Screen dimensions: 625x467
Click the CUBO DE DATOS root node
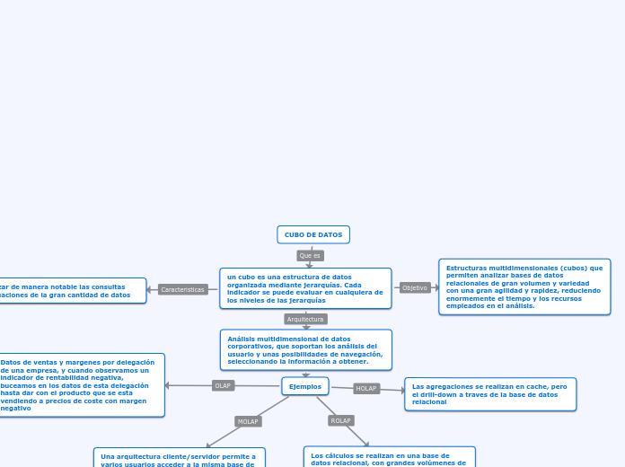point(313,234)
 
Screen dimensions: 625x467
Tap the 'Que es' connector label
point(310,256)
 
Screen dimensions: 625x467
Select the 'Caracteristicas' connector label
point(183,289)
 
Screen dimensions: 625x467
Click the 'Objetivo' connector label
point(415,288)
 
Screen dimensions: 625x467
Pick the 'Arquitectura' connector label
point(305,319)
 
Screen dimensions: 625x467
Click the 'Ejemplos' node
point(305,386)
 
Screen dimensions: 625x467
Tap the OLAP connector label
point(223,385)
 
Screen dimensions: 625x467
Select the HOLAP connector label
point(366,389)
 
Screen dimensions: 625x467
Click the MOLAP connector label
point(248,421)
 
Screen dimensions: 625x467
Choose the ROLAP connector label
point(340,420)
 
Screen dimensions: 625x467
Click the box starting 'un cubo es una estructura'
point(305,288)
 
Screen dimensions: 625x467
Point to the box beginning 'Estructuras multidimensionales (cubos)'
point(524,286)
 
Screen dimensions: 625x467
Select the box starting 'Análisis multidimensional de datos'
point(305,349)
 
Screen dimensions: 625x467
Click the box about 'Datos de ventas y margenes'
point(81,384)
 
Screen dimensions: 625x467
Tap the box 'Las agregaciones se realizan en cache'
point(490,394)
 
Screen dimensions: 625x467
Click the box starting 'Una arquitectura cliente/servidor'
point(180,458)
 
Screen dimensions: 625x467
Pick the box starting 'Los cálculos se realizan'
point(389,457)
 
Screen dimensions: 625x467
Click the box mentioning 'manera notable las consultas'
point(72,290)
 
